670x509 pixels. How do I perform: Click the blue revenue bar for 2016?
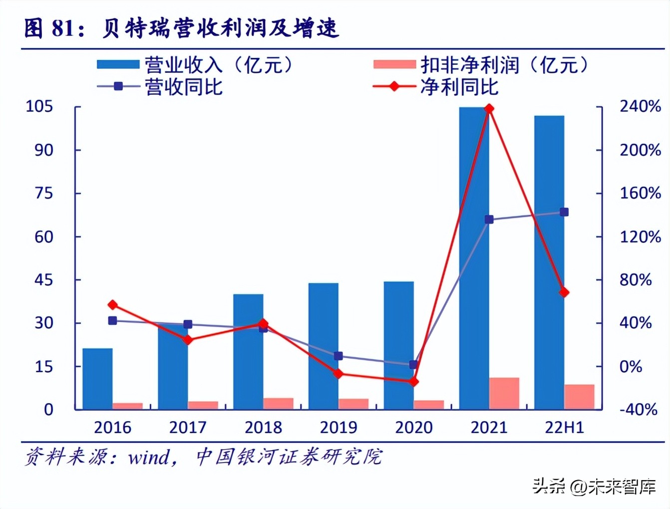(97, 379)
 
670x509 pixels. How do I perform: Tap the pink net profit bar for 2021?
(504, 394)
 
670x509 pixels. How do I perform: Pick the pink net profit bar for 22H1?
(579, 397)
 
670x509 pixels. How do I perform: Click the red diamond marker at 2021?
(489, 109)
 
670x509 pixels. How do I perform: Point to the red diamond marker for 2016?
(113, 305)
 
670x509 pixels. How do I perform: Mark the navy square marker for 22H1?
(564, 212)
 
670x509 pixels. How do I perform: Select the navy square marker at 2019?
(338, 356)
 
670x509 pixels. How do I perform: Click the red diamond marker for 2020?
(413, 382)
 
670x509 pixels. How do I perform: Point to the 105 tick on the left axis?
(39, 106)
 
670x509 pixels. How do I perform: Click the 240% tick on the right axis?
(640, 106)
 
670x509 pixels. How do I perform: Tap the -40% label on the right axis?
(638, 410)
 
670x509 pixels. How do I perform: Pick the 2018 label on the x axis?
(263, 428)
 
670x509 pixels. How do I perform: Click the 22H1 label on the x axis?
(564, 428)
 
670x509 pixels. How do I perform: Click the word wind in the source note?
(149, 457)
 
